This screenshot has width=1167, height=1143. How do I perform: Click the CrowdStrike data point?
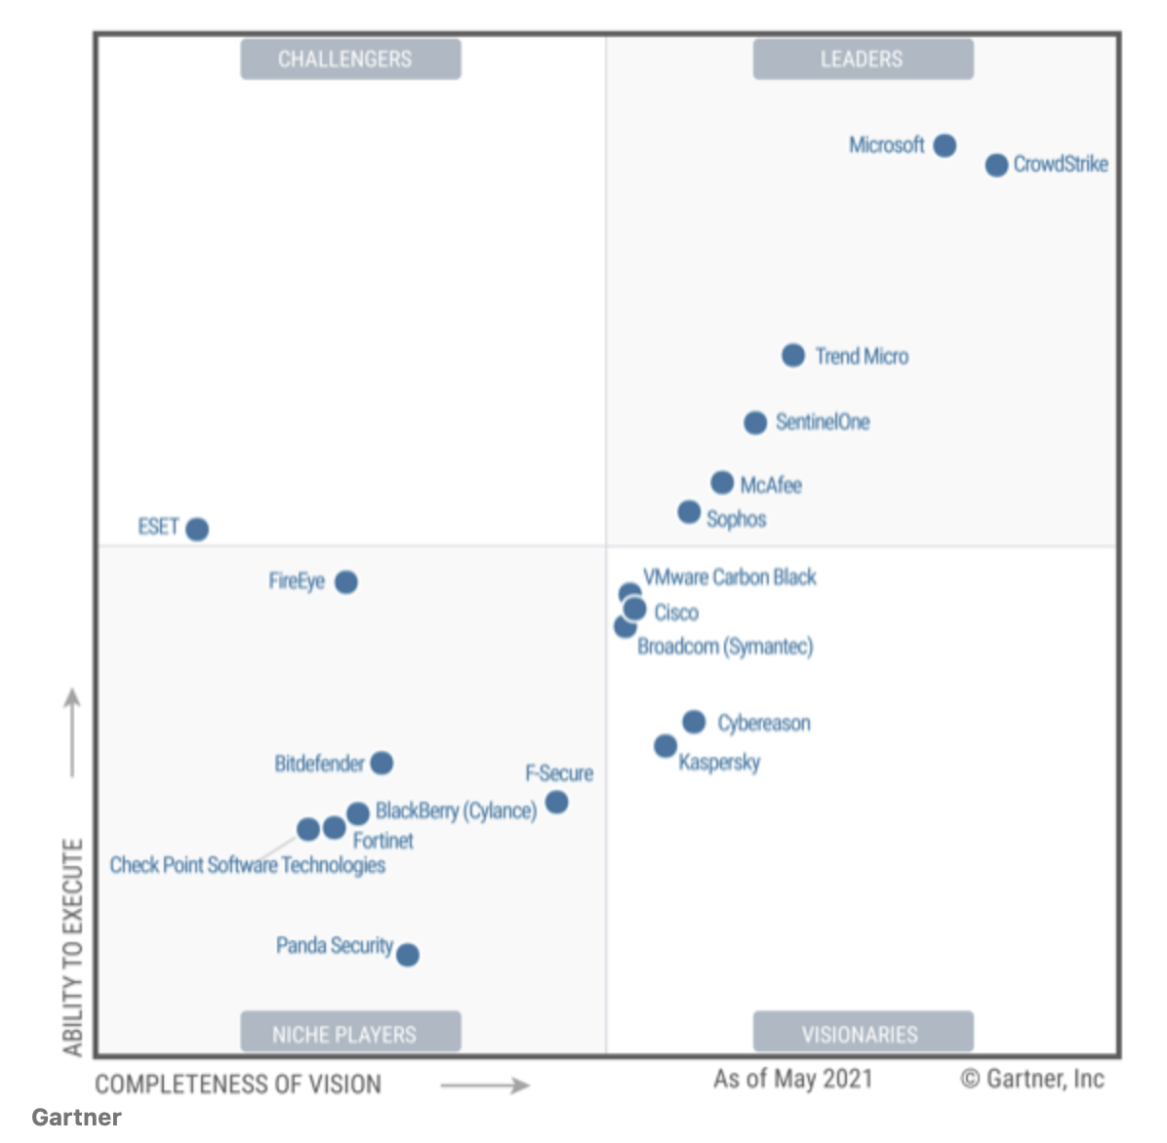tap(995, 165)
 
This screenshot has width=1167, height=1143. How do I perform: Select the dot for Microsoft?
tap(944, 145)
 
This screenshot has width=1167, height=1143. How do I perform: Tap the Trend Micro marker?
tap(792, 355)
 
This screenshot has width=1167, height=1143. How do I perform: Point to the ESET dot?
tap(197, 529)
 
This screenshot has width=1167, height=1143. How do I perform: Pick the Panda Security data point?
tap(408, 955)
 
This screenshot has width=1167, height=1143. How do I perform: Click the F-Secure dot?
tap(556, 802)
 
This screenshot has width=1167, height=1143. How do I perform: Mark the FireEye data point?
tap(345, 581)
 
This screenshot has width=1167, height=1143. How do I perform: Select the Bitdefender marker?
tap(382, 763)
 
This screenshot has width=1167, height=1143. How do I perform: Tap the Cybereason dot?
tap(694, 722)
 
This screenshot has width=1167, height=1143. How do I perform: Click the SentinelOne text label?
tap(823, 422)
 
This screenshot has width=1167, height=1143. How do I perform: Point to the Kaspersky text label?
tap(719, 762)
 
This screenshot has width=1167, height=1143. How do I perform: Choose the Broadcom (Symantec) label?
tap(725, 647)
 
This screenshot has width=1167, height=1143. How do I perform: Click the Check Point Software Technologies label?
tap(247, 865)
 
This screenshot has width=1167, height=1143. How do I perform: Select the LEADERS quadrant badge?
tap(863, 59)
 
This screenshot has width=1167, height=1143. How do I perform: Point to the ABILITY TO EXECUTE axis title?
tap(73, 946)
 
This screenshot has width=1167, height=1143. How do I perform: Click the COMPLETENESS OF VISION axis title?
tap(238, 1084)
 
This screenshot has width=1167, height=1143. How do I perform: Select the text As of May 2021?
tap(792, 1079)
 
